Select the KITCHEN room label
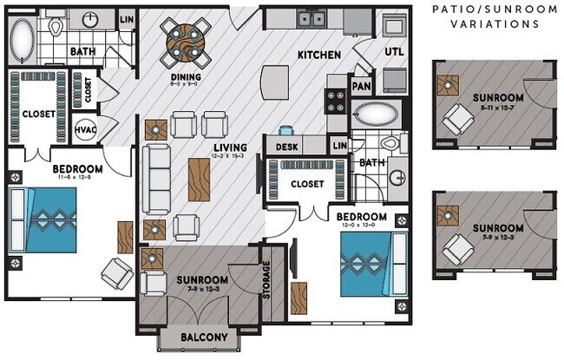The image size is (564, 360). (318, 55)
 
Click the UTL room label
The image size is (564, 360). (395, 51)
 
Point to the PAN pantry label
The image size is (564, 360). (362, 87)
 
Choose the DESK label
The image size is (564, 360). (288, 147)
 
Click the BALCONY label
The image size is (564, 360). (205, 337)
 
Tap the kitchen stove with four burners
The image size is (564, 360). (336, 107)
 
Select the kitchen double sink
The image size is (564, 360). (310, 17)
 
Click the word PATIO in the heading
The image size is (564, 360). (456, 10)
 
